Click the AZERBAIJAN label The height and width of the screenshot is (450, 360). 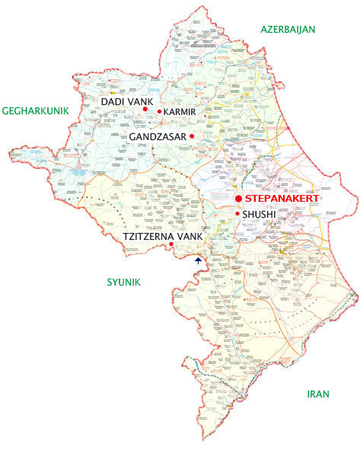click(288, 30)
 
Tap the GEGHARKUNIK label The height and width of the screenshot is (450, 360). click(36, 110)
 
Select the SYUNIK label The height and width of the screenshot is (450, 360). click(123, 282)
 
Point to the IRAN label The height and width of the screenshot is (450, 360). click(317, 394)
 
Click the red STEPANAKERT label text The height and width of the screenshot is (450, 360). click(282, 198)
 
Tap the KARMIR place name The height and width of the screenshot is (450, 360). click(180, 112)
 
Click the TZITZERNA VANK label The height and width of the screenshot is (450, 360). click(162, 237)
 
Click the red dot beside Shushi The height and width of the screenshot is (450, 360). click(237, 213)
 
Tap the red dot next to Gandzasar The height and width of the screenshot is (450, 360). click(192, 136)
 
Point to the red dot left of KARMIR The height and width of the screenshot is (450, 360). click(158, 112)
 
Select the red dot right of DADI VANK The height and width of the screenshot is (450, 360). click(144, 109)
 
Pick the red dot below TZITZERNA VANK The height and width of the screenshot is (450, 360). click(171, 244)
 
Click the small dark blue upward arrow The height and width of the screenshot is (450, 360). click(198, 260)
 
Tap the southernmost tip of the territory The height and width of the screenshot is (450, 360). click(203, 440)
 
